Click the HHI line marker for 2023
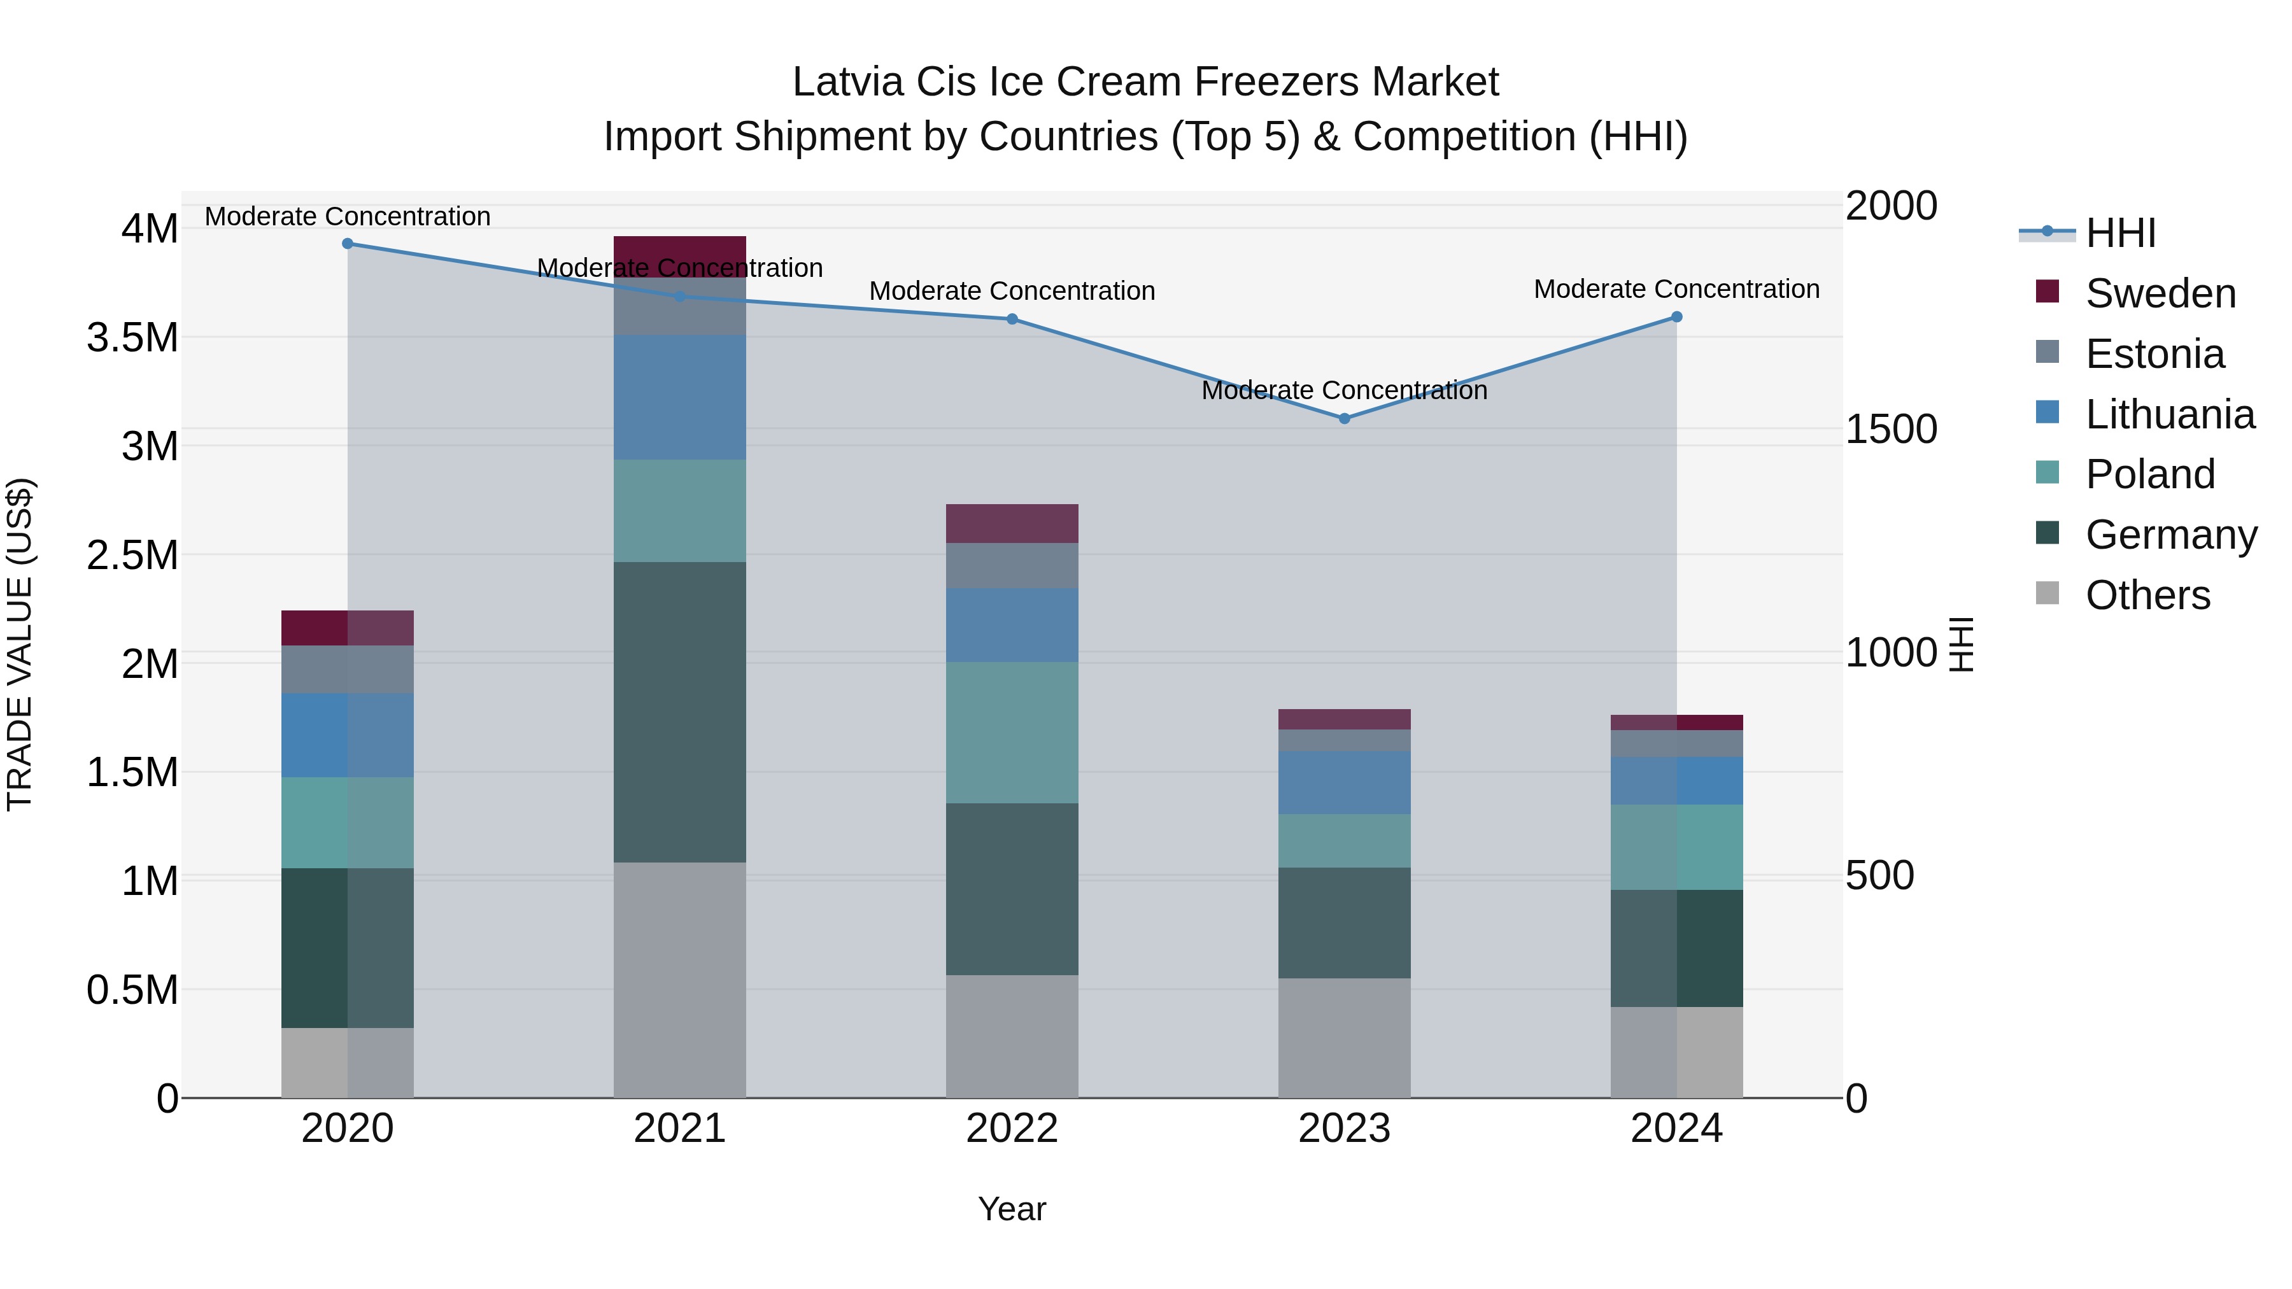point(1345,418)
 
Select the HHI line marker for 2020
point(348,244)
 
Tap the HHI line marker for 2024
point(1676,317)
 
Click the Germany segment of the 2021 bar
point(680,712)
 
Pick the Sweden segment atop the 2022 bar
point(1012,523)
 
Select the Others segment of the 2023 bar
point(1345,1038)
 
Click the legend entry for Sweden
point(2160,293)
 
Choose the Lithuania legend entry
point(2169,414)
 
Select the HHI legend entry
point(2119,233)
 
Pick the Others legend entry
point(2147,595)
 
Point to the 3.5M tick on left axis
point(132,338)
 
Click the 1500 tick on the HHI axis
point(1891,429)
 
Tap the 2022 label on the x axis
point(1012,1129)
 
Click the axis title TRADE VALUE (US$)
point(20,644)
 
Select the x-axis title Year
point(1012,1209)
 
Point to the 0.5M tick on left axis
point(132,990)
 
